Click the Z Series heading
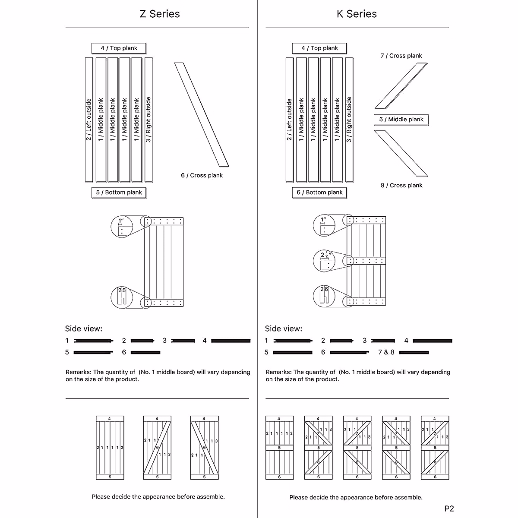click(160, 14)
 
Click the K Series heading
click(357, 14)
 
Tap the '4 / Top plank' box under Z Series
click(119, 48)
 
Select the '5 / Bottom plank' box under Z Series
click(119, 193)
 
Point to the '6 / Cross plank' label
click(202, 175)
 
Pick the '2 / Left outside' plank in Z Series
click(89, 120)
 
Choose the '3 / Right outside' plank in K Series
click(349, 120)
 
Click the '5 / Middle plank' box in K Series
click(401, 120)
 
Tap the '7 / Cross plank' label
click(401, 56)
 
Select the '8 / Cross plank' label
click(401, 185)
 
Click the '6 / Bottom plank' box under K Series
click(319, 193)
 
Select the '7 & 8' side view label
click(386, 352)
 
